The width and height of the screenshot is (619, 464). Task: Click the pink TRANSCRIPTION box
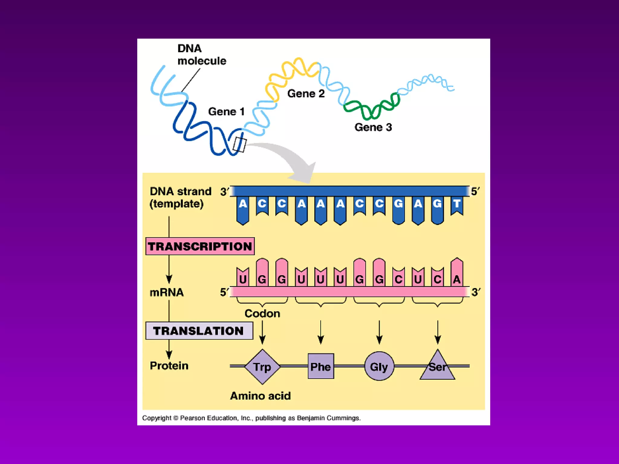coord(200,246)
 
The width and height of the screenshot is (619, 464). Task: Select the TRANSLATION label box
coord(199,331)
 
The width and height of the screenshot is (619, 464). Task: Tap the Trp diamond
coord(262,367)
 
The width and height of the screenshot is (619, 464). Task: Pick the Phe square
coord(321,366)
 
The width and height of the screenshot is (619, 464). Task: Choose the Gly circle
coord(379,366)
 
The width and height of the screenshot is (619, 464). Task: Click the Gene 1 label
coord(226,111)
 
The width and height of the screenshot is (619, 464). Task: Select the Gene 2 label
coord(306,94)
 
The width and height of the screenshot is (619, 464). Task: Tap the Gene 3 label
coord(373,127)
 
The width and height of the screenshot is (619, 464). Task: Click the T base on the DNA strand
coord(457,204)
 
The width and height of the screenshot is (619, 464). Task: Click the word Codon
coord(262,314)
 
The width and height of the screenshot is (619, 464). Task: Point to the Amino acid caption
coord(260,396)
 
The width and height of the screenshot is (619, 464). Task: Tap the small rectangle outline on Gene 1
coord(240,145)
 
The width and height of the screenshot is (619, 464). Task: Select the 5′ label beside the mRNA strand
coord(224,292)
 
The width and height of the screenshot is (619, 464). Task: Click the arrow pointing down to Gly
coord(379,332)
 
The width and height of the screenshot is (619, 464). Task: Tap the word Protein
coord(169,366)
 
